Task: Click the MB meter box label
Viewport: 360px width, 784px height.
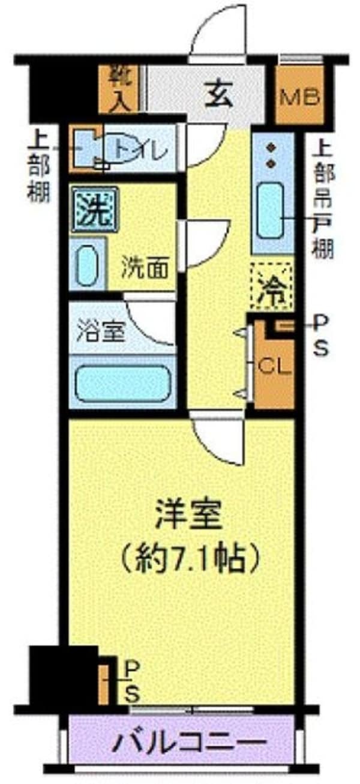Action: [301, 97]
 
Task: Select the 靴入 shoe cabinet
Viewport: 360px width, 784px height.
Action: [119, 89]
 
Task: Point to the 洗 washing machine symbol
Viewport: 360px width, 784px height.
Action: [94, 210]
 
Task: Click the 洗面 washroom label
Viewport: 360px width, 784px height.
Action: [146, 268]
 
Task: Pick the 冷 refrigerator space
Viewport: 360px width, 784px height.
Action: [271, 286]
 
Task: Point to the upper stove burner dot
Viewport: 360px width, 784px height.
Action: [270, 148]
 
